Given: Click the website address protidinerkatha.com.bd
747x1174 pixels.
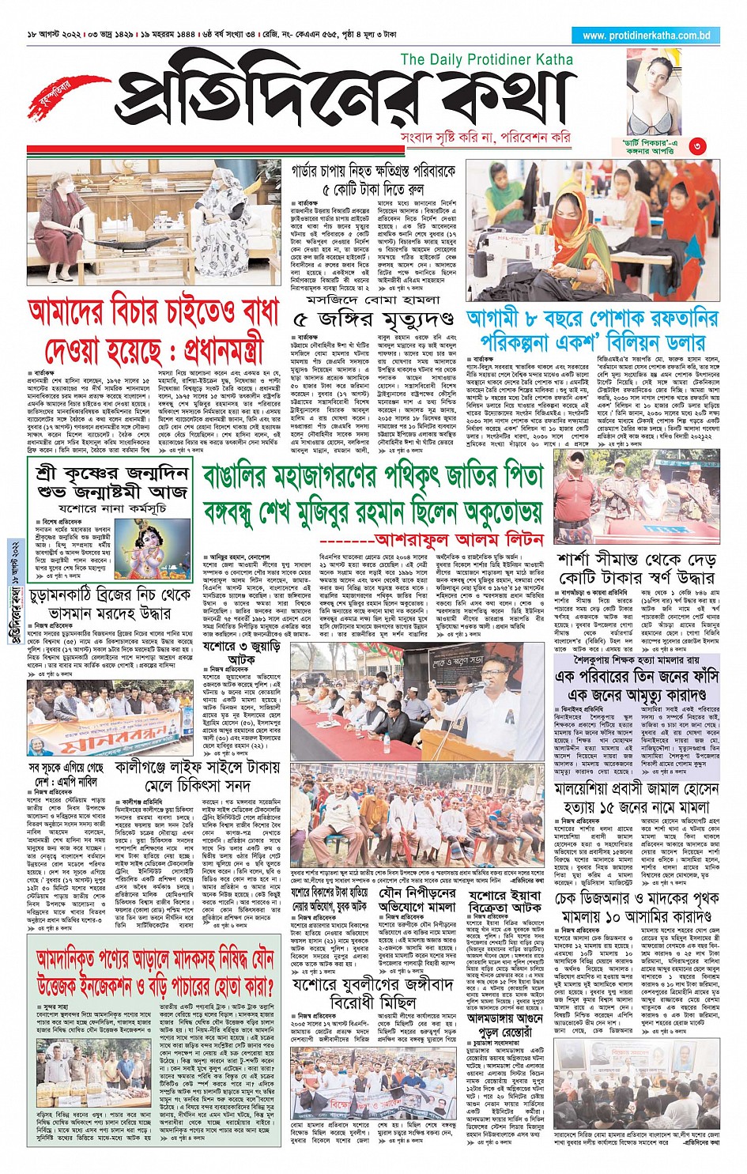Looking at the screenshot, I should (x=646, y=36).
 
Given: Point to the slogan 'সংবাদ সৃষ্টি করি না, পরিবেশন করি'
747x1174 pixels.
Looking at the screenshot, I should (x=485, y=138).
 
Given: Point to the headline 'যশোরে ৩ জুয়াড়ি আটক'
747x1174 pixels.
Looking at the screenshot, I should (x=230, y=652).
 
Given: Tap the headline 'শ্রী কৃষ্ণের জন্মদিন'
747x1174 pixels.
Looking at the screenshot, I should (x=111, y=473).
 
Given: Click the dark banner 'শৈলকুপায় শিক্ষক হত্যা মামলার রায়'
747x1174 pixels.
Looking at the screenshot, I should (x=637, y=659).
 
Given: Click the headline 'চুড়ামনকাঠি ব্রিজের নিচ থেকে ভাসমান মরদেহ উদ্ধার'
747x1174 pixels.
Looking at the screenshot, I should (x=110, y=603).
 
